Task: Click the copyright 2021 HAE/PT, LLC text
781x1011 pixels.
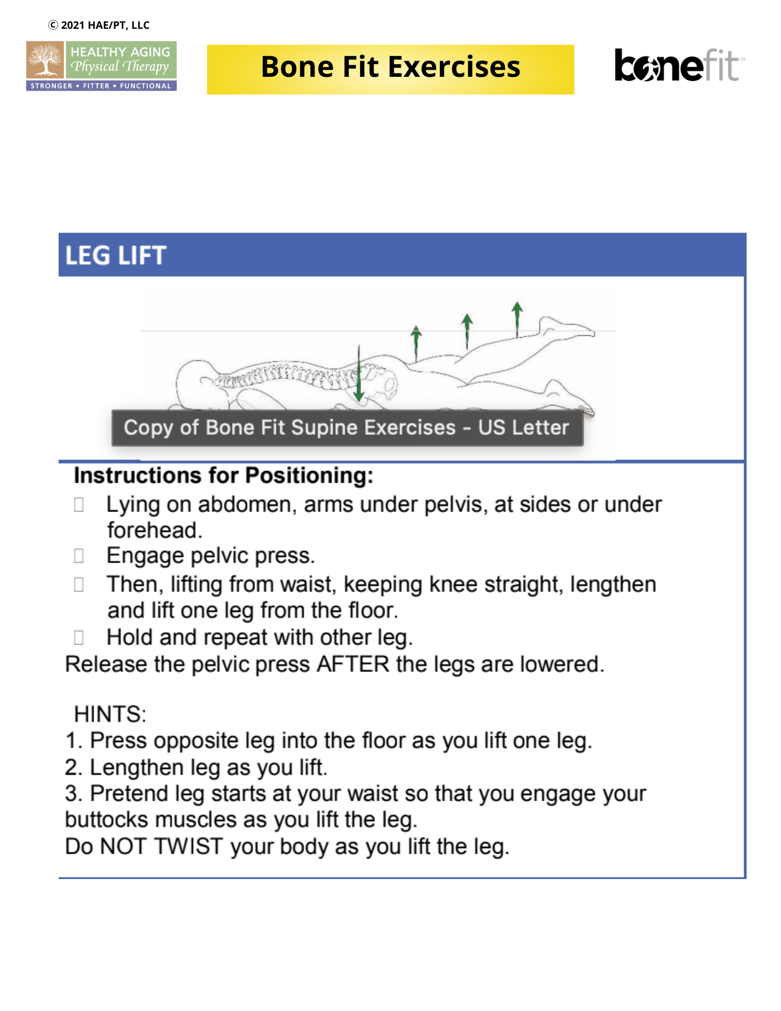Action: point(99,25)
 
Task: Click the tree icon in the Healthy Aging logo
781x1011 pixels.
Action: point(45,60)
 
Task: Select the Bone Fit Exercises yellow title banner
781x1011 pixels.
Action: point(390,69)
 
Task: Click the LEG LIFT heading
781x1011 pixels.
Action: point(116,255)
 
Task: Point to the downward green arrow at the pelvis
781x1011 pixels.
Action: point(359,374)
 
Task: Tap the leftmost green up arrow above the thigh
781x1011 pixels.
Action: point(416,342)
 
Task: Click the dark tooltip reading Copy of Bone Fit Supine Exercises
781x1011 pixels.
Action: point(347,428)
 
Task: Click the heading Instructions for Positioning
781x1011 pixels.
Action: point(223,476)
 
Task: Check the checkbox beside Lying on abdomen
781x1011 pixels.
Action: point(79,504)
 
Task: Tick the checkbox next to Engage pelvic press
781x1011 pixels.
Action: point(79,556)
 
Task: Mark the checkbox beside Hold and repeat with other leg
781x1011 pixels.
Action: point(79,637)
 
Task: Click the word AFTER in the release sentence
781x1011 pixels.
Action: point(353,664)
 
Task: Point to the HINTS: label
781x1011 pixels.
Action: point(110,714)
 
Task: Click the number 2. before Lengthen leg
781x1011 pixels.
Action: point(73,767)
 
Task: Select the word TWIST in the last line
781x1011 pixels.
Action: point(188,846)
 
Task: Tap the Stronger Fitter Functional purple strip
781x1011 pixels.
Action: point(101,86)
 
